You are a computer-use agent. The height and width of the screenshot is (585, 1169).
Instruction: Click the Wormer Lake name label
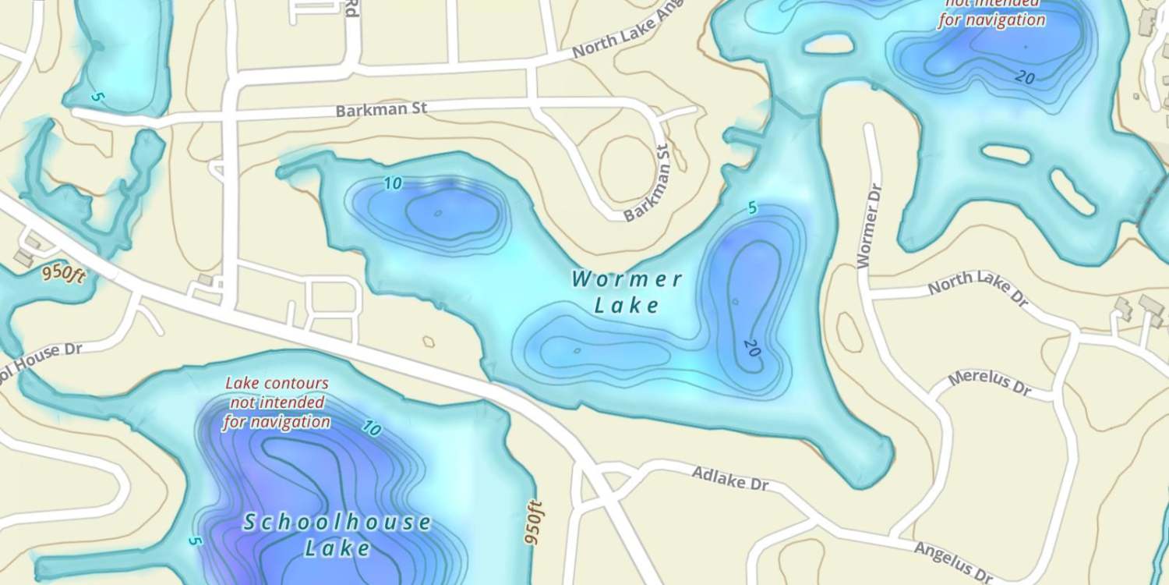(627, 291)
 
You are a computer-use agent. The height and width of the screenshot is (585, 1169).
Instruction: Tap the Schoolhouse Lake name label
(337, 534)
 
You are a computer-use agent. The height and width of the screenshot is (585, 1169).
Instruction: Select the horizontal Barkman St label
(382, 109)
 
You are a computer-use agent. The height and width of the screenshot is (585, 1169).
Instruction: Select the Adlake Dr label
(730, 478)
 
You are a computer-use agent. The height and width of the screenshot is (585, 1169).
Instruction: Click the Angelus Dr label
(953, 560)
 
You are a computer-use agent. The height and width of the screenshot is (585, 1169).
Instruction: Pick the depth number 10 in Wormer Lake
(393, 184)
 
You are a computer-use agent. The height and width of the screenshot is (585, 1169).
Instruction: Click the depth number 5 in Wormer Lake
(752, 208)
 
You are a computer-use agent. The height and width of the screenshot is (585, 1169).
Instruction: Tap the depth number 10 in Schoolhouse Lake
(371, 428)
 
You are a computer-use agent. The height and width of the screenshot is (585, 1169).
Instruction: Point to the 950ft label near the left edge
(63, 274)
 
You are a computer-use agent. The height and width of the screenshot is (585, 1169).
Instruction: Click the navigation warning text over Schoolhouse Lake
(277, 403)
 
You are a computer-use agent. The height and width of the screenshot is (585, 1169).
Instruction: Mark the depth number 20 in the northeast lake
(1025, 76)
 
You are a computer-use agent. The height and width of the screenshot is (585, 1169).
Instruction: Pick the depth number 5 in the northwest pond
(97, 97)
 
